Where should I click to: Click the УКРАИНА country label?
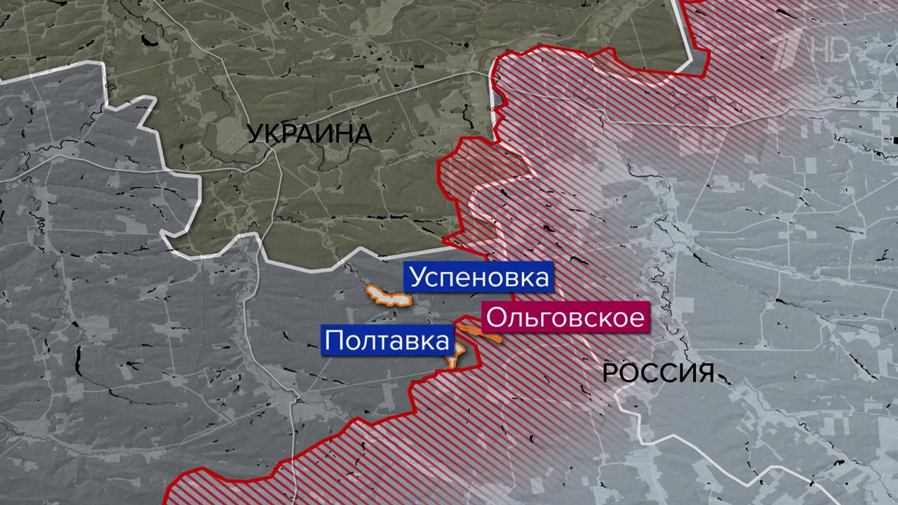point(309,134)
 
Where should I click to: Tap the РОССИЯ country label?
point(658,373)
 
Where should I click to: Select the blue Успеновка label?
point(478,278)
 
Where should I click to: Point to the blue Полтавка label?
point(387,342)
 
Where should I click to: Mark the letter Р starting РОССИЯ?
point(610,373)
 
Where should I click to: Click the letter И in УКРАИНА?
point(327,134)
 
